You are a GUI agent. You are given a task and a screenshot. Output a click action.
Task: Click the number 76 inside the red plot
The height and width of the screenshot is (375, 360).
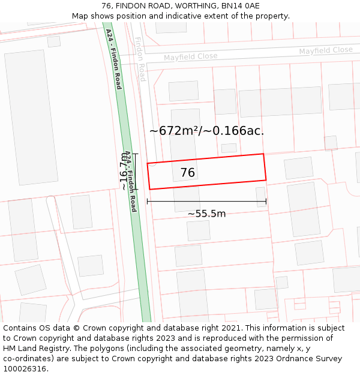point(188,173)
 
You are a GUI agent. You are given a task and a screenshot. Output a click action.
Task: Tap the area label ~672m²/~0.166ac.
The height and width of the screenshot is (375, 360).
point(206,130)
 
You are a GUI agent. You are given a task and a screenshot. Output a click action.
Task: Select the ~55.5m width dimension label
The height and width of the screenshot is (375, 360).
point(206,214)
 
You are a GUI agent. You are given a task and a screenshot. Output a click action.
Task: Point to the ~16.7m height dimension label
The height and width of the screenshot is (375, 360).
point(124,172)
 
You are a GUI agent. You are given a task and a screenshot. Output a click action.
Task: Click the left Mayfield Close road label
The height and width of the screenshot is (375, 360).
point(190,56)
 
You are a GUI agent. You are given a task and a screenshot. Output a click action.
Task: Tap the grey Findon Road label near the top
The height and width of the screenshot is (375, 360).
point(140,59)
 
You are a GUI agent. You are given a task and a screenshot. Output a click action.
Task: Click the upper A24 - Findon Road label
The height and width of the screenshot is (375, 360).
point(113,59)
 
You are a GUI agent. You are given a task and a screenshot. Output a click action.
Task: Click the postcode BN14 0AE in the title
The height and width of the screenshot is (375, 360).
point(240,6)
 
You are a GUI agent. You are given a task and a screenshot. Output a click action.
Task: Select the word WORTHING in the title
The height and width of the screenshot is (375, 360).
point(181,6)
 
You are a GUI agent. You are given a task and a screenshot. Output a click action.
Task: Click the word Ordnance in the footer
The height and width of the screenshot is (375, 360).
point(284,359)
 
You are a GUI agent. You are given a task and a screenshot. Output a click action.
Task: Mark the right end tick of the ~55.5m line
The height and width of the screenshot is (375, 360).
point(266,202)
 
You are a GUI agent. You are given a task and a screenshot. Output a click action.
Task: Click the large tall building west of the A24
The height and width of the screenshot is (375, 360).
point(31,117)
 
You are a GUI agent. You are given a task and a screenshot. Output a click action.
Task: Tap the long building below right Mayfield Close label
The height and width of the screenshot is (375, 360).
point(280,103)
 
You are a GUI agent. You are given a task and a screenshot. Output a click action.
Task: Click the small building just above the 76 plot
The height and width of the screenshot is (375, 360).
point(229,148)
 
